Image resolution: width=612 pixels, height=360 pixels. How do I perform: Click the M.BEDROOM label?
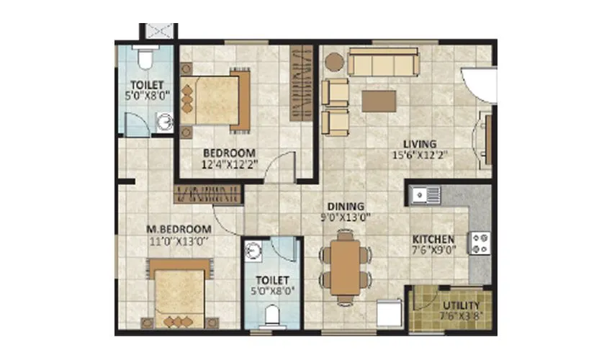(x=177, y=230)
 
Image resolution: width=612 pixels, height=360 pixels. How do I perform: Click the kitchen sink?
(x=425, y=194)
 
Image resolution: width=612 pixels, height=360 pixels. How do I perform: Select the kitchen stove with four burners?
(x=480, y=243)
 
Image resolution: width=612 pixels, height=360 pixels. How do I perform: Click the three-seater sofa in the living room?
(x=384, y=63)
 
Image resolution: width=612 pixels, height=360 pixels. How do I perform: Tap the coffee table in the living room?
(x=379, y=100)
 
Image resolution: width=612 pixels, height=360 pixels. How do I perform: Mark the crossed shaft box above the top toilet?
(x=157, y=32)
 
